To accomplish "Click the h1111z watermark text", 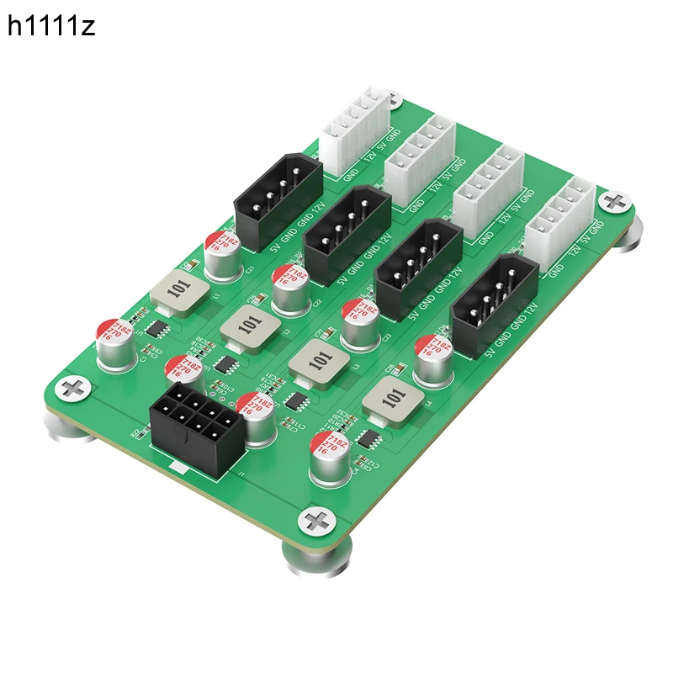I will pos(51,27).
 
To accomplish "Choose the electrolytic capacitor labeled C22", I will pos(291,289).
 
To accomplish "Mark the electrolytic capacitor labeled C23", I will pos(360,324).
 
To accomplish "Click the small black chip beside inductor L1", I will pos(154,329).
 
